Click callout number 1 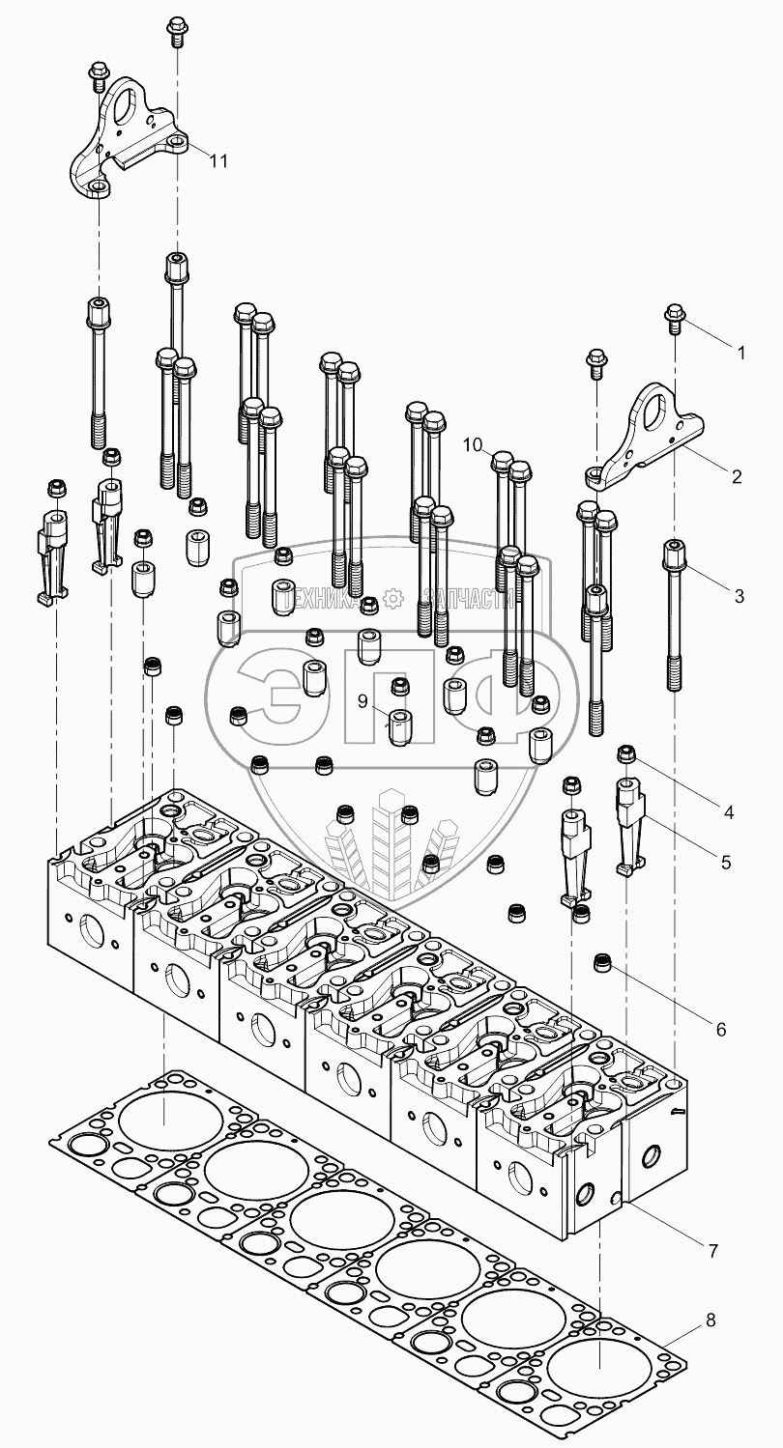[x=741, y=353]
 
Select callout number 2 [x=737, y=476]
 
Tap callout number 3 [x=739, y=596]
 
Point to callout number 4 [x=729, y=813]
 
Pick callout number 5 [x=725, y=862]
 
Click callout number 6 [x=721, y=1029]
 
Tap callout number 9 [x=362, y=700]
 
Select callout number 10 [x=473, y=444]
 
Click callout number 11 [x=218, y=160]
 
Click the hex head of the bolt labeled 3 [x=672, y=552]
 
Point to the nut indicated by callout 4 [x=625, y=753]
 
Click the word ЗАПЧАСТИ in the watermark [x=468, y=600]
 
